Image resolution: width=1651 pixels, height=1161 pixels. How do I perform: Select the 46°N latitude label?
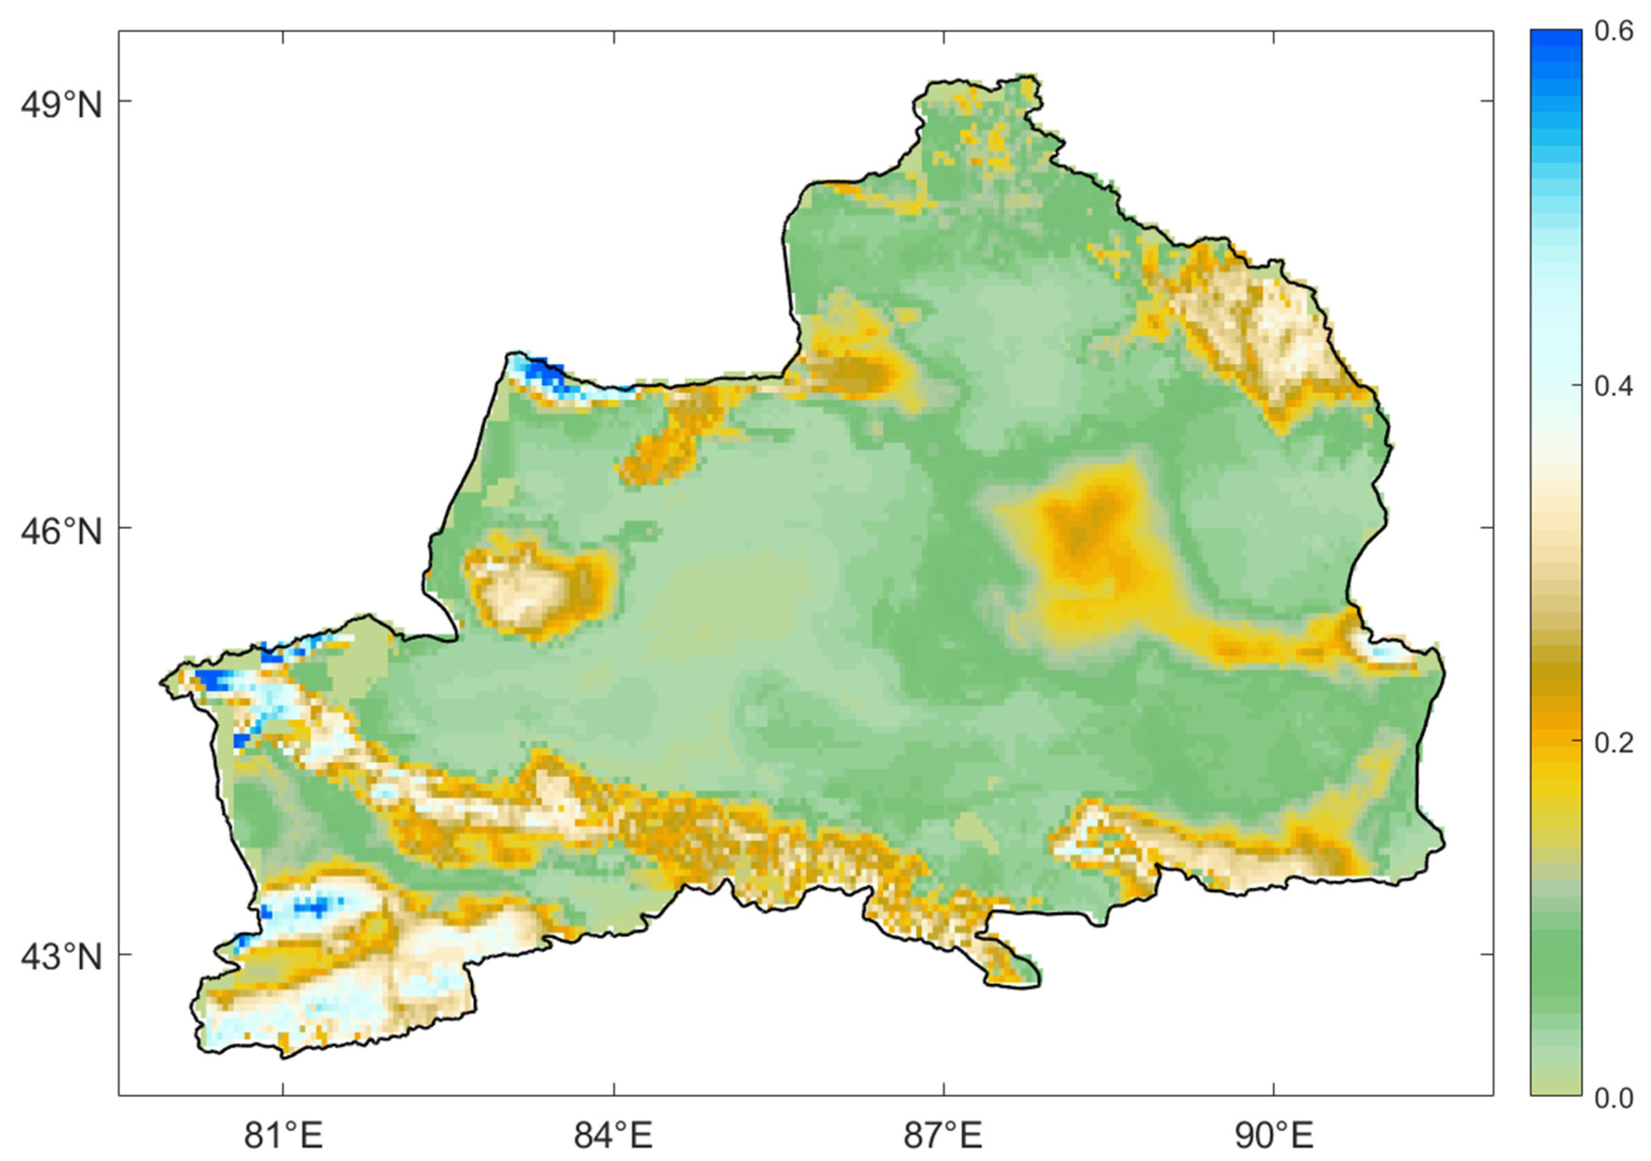click(x=61, y=533)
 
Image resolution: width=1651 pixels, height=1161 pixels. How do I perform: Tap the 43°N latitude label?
click(x=61, y=958)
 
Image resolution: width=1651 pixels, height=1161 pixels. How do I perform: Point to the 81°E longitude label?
click(x=284, y=1136)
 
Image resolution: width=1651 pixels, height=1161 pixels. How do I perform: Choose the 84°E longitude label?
click(x=613, y=1136)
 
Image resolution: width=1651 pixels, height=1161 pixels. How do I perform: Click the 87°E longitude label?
click(x=943, y=1136)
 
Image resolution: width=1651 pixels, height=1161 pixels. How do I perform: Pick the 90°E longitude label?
click(x=1273, y=1136)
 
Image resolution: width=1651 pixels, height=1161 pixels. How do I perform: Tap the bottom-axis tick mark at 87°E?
click(x=943, y=1089)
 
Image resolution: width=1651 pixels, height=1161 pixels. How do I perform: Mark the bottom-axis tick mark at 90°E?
click(x=1273, y=1089)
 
